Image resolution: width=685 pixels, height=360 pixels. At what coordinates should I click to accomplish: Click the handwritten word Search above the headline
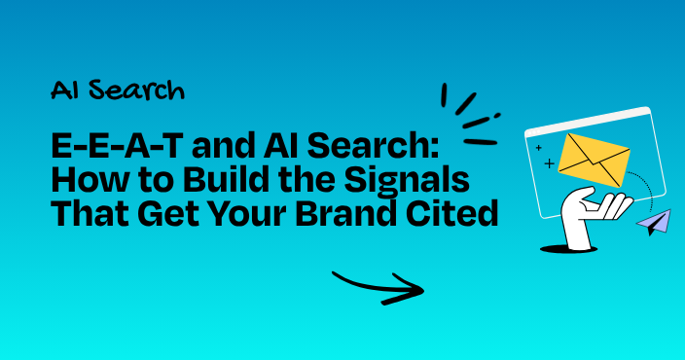point(137,90)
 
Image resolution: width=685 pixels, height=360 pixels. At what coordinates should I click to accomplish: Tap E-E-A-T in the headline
point(117,146)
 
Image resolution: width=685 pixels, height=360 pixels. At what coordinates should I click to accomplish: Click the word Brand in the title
point(344,214)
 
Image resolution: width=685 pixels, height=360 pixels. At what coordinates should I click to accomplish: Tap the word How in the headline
point(82,180)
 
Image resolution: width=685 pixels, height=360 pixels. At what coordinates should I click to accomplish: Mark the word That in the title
point(90,214)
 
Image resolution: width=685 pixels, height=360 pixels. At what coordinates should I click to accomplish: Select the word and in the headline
point(223,146)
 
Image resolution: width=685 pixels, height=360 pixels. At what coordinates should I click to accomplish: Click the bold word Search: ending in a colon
point(373,146)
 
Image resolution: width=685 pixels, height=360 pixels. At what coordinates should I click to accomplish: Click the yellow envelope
point(595,160)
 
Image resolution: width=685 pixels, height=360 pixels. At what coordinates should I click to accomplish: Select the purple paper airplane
point(654,222)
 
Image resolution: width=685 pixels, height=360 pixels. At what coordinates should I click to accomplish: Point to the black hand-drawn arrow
point(379,287)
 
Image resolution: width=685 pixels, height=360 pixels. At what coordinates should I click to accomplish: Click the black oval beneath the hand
point(569,249)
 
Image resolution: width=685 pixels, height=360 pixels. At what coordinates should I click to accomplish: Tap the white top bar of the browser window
point(588,120)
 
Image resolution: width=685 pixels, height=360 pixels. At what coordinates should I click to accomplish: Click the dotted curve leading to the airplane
point(646,186)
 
